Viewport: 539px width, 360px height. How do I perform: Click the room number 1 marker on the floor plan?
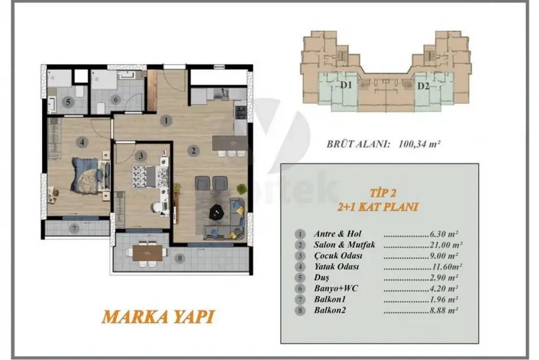click(x=166, y=120)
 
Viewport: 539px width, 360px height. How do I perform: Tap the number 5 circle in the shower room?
click(x=68, y=102)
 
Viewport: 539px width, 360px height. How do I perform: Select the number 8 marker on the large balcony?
click(x=179, y=259)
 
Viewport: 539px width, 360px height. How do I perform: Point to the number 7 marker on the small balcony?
click(x=74, y=228)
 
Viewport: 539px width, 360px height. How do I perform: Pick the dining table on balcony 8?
click(x=148, y=253)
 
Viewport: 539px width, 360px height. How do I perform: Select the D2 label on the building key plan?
click(x=423, y=85)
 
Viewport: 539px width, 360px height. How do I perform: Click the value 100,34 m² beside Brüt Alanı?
click(x=419, y=144)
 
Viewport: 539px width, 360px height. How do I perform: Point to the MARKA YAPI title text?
click(x=158, y=317)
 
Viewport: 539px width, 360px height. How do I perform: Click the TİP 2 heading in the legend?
click(x=383, y=193)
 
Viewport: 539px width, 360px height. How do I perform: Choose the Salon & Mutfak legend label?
click(x=344, y=244)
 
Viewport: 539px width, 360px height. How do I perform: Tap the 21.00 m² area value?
click(x=446, y=245)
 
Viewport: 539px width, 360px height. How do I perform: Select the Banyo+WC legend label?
click(x=336, y=288)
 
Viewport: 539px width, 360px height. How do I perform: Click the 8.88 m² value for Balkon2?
click(x=444, y=310)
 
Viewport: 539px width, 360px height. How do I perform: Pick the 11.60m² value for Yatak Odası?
click(x=446, y=266)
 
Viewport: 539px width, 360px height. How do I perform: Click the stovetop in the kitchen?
click(x=240, y=112)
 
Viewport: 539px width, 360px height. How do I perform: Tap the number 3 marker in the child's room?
click(x=141, y=156)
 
